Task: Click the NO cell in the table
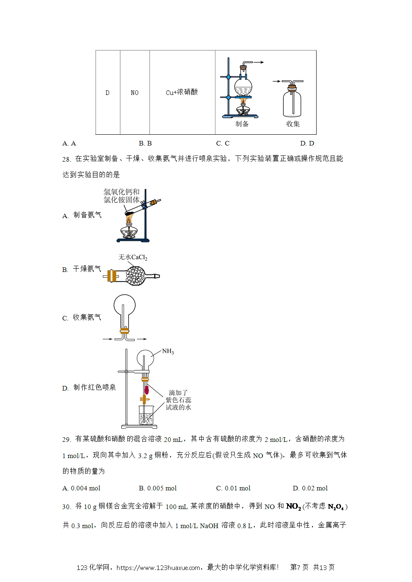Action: point(134,93)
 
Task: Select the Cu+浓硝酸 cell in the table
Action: point(182,92)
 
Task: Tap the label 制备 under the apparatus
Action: point(242,124)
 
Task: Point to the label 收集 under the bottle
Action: point(293,124)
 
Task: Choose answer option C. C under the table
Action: point(223,143)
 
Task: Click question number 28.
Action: point(66,159)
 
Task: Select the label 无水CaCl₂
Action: point(133,257)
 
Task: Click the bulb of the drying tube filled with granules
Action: point(135,276)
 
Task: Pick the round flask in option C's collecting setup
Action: point(124,305)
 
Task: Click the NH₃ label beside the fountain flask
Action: point(168,351)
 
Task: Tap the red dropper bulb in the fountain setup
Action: point(147,390)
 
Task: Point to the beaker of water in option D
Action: point(146,415)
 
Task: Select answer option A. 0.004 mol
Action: point(81,488)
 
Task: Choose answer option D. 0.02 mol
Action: point(310,488)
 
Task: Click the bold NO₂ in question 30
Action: point(293,507)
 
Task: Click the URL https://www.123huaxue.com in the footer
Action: point(158,568)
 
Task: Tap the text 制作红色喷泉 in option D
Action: point(95,388)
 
